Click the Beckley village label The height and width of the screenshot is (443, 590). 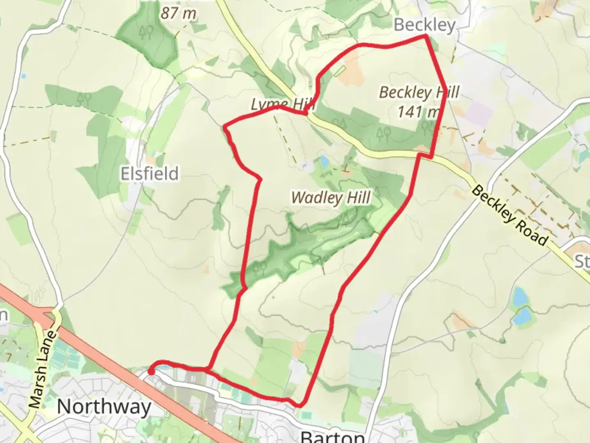click(x=424, y=25)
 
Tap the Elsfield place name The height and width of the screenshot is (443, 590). click(x=150, y=174)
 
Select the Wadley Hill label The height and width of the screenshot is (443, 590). click(x=331, y=198)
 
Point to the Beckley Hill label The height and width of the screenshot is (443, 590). click(x=419, y=92)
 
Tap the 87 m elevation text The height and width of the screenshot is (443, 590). click(x=178, y=13)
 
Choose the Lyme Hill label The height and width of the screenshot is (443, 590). click(x=283, y=105)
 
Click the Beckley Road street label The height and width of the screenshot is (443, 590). click(x=510, y=215)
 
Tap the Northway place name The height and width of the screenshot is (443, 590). click(x=104, y=407)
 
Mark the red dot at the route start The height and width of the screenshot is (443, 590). click(x=151, y=372)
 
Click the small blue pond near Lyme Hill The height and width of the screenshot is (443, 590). click(x=324, y=162)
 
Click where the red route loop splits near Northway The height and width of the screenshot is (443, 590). click(x=209, y=369)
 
